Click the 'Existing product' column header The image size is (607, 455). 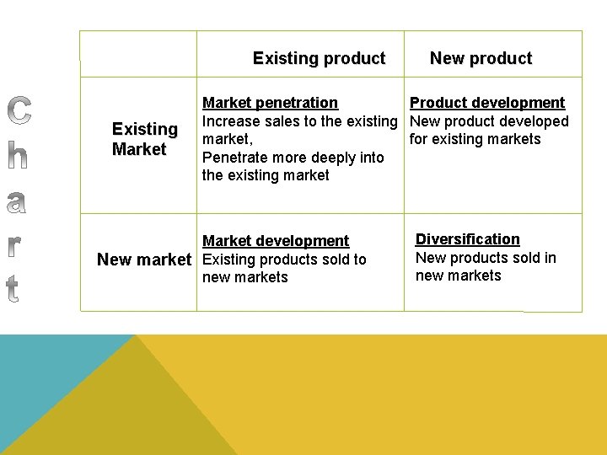pos(319,59)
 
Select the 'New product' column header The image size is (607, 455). pos(481,59)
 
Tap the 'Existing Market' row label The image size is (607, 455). pos(144,139)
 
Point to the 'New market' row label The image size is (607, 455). pos(144,260)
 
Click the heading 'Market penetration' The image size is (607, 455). pos(270,103)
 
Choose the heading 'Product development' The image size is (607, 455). pos(487,103)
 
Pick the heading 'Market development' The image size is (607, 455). pos(276,241)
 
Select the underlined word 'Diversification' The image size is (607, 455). pos(468,239)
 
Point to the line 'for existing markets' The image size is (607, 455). pos(475,139)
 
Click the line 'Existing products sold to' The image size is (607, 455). pos(285,260)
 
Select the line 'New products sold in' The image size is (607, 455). pos(486,258)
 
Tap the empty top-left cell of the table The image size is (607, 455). pos(138,55)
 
